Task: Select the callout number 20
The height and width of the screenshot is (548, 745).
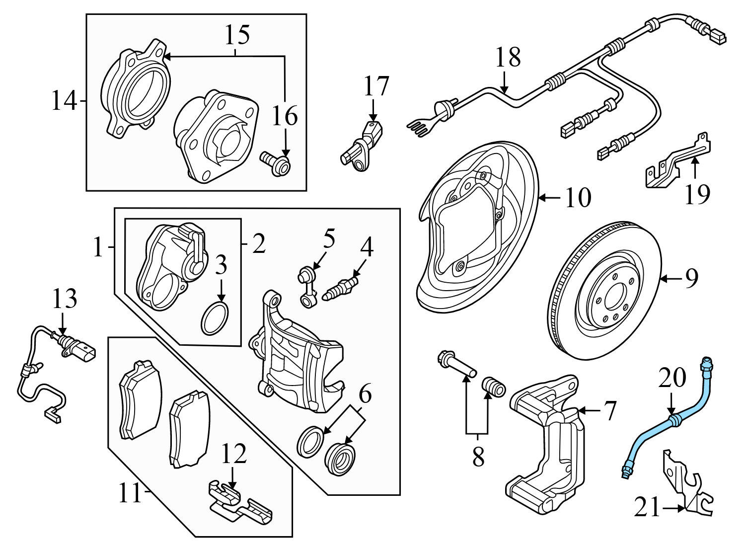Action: click(x=672, y=379)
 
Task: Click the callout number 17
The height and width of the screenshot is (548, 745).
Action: click(x=376, y=86)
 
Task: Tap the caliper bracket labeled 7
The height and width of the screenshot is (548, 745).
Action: click(x=544, y=447)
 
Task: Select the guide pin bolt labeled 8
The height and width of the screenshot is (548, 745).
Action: click(x=457, y=365)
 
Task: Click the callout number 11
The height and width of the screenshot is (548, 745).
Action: click(x=131, y=494)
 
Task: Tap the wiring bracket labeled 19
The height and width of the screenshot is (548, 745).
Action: click(x=678, y=164)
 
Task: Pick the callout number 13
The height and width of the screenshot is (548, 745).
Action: click(x=65, y=299)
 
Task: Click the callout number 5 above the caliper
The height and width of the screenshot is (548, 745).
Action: click(x=329, y=239)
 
